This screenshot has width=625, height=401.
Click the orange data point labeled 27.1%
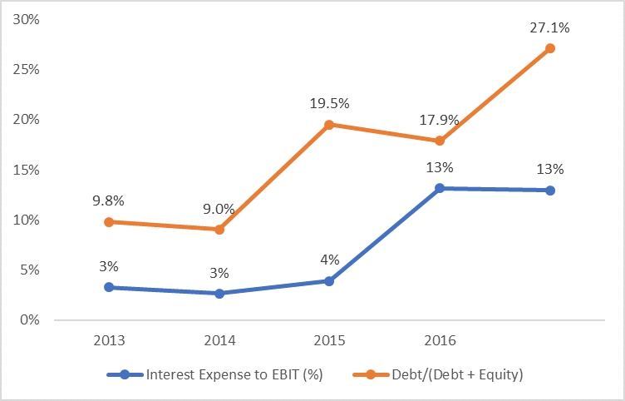tap(549, 48)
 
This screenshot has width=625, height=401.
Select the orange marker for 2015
tap(329, 125)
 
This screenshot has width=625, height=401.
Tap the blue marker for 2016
tap(440, 188)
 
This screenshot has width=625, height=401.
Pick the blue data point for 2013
tap(109, 287)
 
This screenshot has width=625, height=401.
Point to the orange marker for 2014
tap(219, 229)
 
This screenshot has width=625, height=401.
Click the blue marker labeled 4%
tap(329, 281)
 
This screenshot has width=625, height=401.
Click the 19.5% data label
tap(329, 104)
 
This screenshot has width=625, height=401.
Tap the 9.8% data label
tap(109, 200)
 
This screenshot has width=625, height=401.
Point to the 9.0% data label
tap(219, 209)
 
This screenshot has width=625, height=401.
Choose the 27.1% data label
tap(549, 27)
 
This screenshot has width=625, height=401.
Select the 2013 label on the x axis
tap(109, 341)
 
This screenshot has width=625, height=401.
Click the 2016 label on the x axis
tap(440, 341)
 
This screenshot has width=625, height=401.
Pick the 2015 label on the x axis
tap(329, 341)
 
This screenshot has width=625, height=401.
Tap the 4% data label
tap(329, 260)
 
